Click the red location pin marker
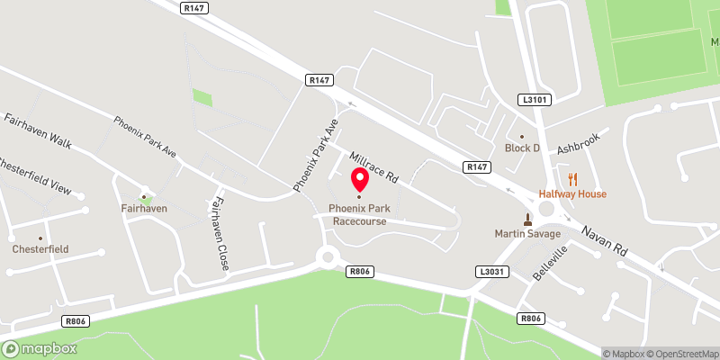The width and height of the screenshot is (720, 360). [x=359, y=179]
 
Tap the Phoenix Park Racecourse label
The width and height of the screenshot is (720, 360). [x=359, y=213]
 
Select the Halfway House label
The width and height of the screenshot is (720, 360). [x=572, y=193]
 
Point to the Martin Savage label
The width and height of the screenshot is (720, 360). [x=527, y=234]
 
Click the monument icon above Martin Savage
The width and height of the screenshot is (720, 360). [x=527, y=219]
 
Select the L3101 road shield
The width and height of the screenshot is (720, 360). [x=534, y=100]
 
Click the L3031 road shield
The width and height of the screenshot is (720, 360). [x=490, y=271]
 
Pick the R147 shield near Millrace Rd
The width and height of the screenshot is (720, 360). [x=477, y=167]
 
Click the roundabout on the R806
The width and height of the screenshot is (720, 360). [x=328, y=256]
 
